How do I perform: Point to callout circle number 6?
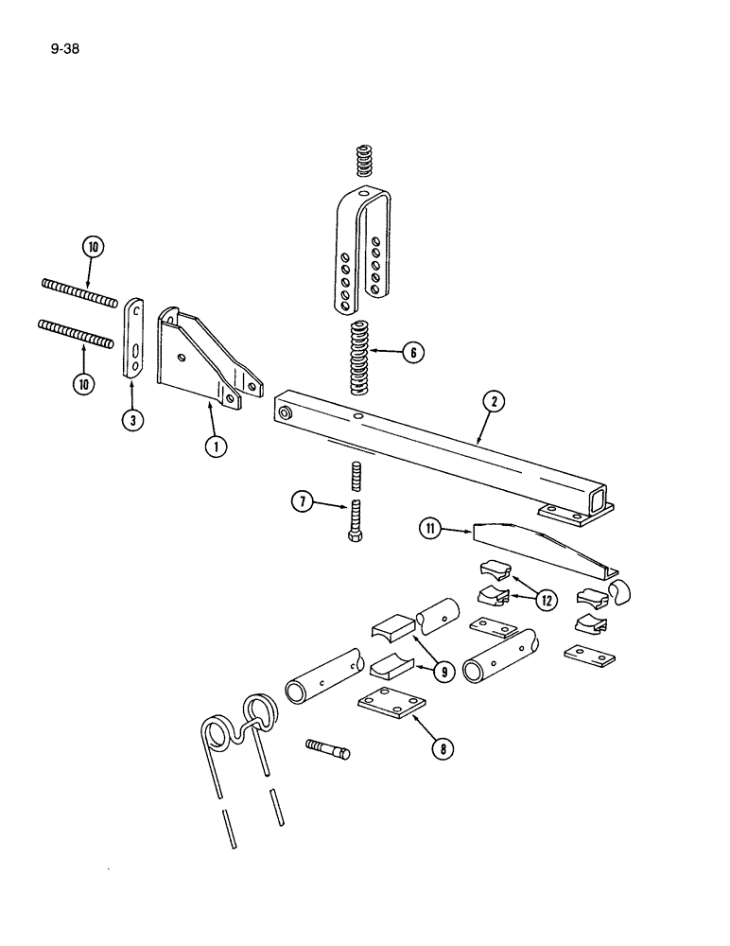(x=411, y=352)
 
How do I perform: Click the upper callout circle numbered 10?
(x=94, y=248)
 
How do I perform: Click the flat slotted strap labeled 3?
(x=135, y=339)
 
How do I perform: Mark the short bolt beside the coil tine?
(x=328, y=749)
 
